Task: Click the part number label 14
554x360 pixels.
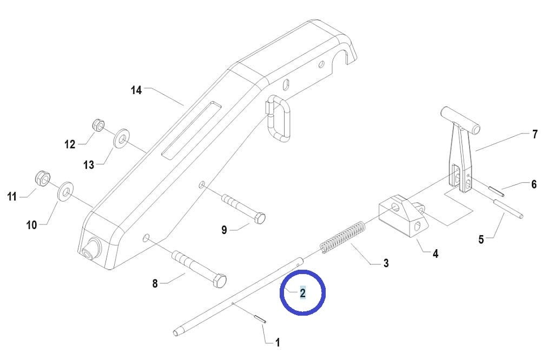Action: click(136, 90)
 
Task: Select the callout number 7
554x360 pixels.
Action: click(535, 134)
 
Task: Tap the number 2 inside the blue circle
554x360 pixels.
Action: click(303, 293)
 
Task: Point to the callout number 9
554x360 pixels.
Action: click(224, 230)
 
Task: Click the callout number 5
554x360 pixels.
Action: click(481, 239)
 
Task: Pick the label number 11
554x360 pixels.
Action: click(12, 196)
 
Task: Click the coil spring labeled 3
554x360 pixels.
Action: click(342, 237)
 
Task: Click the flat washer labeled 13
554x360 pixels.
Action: click(121, 138)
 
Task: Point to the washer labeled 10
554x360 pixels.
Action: click(65, 191)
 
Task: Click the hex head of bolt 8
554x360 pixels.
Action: click(220, 281)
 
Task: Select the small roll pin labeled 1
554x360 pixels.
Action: click(259, 318)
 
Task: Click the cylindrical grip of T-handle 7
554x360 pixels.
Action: click(460, 121)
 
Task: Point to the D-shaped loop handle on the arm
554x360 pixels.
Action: click(279, 118)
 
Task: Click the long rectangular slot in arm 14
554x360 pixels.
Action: click(191, 129)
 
